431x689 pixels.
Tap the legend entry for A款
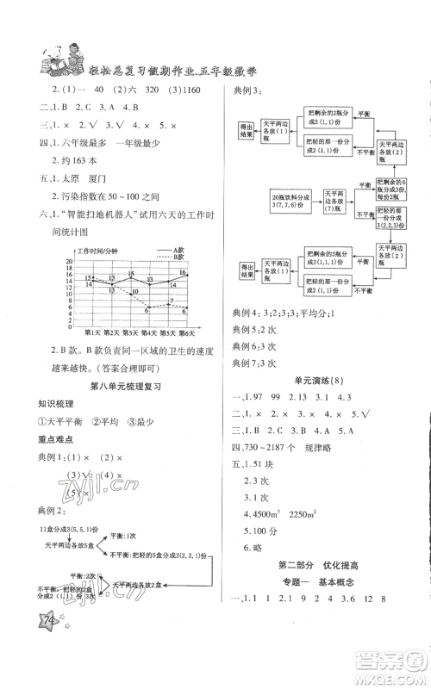click(173, 250)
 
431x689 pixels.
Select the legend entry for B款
click(173, 257)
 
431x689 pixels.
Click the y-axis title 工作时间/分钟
click(96, 251)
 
